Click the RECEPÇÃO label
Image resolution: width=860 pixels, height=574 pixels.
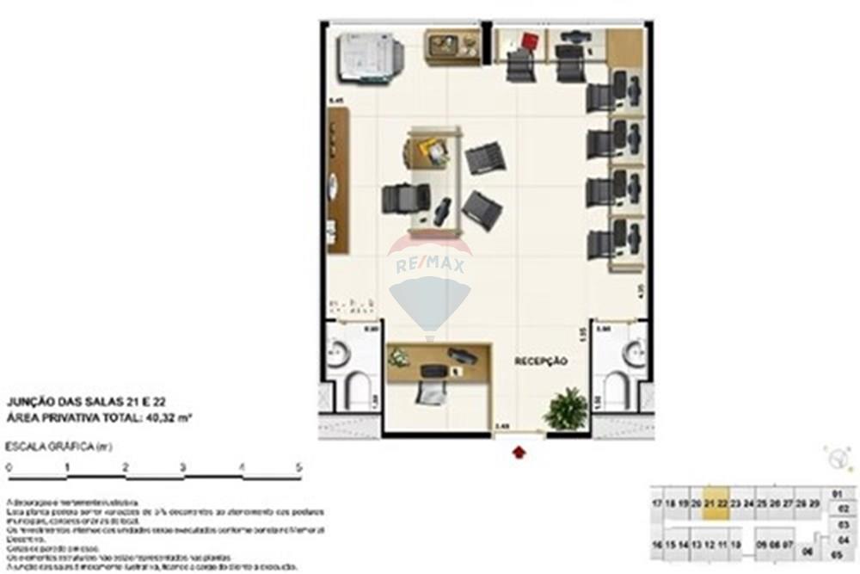click(541, 361)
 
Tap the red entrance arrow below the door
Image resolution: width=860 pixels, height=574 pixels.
click(519, 452)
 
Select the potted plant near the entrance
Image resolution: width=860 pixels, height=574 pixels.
click(566, 409)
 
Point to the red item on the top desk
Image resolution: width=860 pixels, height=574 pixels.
click(529, 40)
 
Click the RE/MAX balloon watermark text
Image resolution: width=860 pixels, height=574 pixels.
click(430, 266)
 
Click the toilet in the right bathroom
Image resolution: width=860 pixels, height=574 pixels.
click(617, 392)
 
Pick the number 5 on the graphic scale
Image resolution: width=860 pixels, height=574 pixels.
click(298, 467)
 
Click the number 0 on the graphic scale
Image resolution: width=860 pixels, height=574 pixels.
click(9, 467)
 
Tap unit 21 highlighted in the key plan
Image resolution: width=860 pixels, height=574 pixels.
click(709, 502)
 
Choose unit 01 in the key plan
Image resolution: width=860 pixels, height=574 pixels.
click(838, 494)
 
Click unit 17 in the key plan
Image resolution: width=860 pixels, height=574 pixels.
click(657, 502)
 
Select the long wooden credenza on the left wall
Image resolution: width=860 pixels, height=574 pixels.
click(338, 181)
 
